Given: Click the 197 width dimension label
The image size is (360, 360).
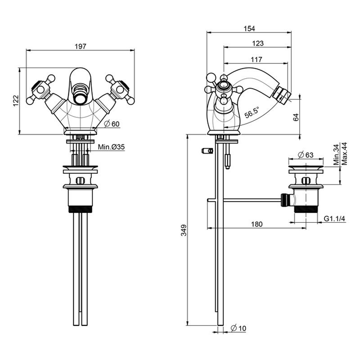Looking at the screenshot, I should [x=81, y=46].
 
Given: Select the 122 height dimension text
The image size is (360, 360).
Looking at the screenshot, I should [x=15, y=100].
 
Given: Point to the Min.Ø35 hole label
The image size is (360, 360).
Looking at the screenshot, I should [x=111, y=147].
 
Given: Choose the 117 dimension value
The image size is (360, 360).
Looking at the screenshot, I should [x=256, y=59].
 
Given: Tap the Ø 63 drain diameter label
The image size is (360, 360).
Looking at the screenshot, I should [x=306, y=155].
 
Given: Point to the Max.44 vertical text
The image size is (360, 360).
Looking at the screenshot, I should [x=344, y=153].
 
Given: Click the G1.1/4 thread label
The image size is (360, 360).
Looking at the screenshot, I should [x=334, y=219].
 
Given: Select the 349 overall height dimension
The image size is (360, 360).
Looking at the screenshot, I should [x=183, y=229].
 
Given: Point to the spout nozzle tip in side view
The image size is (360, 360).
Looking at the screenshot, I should [x=286, y=94].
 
